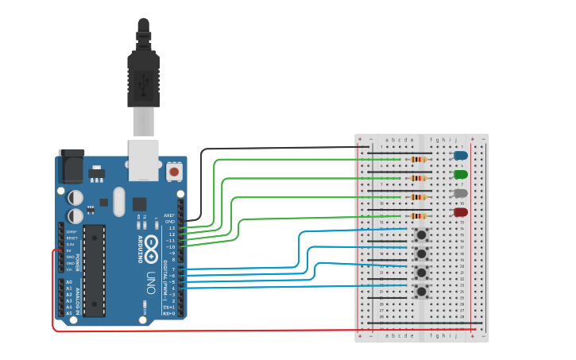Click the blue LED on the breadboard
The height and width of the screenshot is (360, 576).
point(460,156)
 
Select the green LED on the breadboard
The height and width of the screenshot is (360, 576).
point(460,174)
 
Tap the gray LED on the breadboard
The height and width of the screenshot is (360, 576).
point(460,193)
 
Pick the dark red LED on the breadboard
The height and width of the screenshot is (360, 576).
point(460,212)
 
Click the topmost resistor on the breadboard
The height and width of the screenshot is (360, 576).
point(418,160)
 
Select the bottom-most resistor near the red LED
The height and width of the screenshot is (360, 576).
point(418,216)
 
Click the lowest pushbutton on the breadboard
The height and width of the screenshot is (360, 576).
point(421,292)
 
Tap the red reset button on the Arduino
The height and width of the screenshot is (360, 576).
point(174,171)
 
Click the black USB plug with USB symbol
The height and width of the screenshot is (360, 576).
point(144,80)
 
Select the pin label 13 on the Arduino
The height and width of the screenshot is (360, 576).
point(171,228)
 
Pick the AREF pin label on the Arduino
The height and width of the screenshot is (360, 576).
point(168,215)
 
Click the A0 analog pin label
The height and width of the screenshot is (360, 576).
point(68,282)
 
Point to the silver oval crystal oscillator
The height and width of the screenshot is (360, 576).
point(119,202)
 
